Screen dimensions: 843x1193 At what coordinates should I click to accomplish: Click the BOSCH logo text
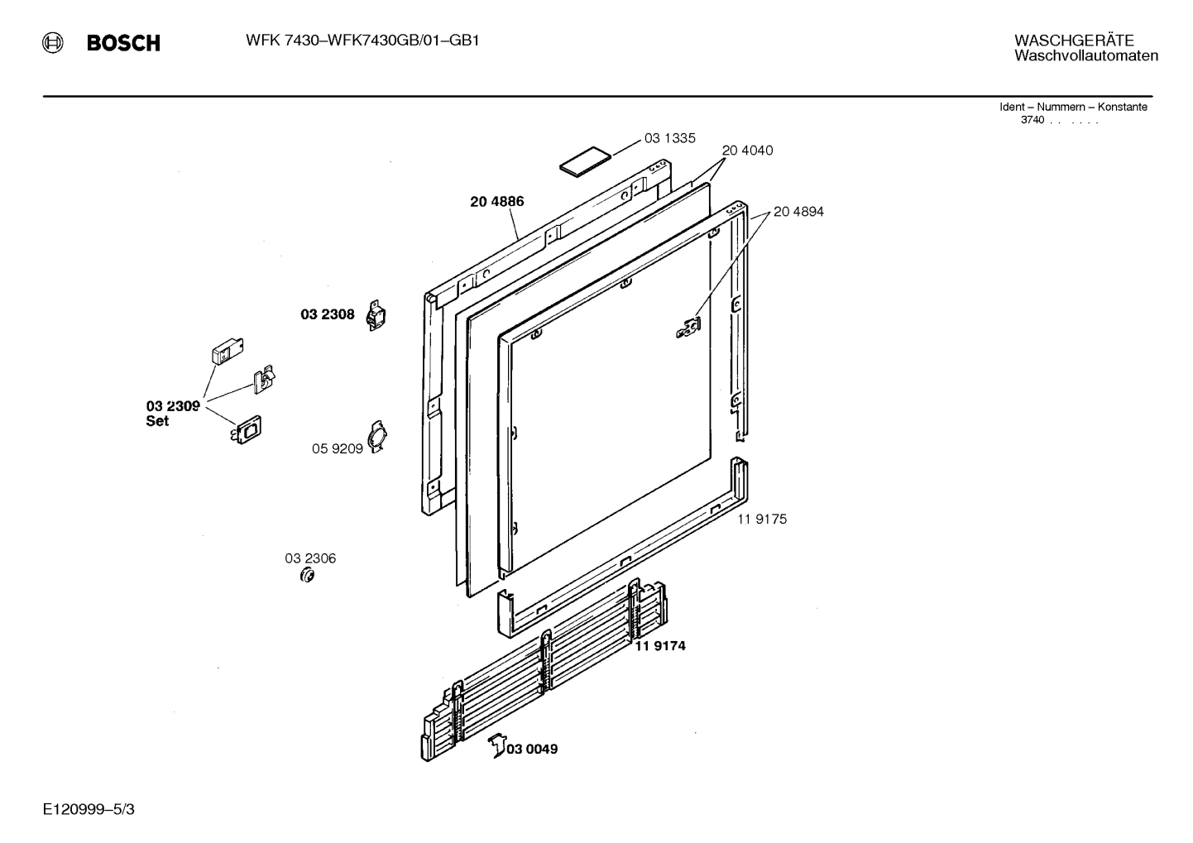pos(123,43)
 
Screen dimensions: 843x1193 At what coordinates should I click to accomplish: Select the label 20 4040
pos(747,151)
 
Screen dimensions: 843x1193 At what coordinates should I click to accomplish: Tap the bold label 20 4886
pos(496,201)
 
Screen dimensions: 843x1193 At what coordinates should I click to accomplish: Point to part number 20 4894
pos(798,212)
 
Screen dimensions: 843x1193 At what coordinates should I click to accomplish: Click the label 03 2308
pos(327,314)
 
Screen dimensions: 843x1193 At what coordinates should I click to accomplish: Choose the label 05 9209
pos(337,448)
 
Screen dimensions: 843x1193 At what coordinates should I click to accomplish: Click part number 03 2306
pos(310,558)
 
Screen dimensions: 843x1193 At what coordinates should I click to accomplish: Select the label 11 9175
pos(762,519)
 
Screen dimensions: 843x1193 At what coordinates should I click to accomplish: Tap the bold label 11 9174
pos(660,646)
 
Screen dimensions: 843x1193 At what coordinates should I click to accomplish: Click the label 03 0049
pos(532,749)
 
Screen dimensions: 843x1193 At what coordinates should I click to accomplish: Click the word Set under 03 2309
pos(157,421)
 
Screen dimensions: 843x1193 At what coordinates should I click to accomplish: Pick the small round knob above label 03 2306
pos(307,575)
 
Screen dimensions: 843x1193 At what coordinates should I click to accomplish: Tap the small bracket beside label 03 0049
pos(496,745)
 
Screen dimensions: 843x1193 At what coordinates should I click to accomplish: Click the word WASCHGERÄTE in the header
pos(1074,41)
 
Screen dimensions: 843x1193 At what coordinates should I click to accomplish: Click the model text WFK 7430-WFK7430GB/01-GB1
pos(362,41)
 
